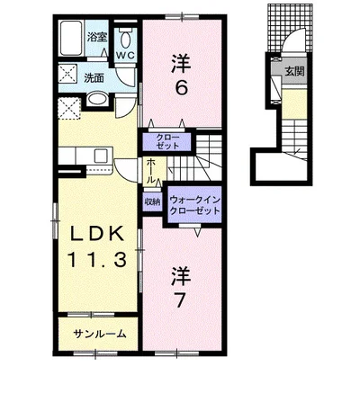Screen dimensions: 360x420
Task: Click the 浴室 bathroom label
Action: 97,37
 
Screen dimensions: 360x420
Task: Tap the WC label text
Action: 126,55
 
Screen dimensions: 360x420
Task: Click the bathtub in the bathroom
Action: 71,38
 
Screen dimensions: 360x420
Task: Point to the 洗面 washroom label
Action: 94,78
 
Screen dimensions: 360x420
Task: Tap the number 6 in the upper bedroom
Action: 181,88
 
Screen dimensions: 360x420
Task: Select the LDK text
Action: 96,234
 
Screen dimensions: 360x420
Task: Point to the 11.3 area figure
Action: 96,259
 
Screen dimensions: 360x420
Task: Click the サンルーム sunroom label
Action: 99,334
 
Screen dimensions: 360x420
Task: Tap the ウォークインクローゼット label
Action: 194,205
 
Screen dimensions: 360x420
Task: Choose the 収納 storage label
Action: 152,202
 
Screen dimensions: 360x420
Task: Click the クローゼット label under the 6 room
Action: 166,142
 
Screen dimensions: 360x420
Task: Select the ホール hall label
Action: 151,172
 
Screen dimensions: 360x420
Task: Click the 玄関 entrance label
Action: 294,71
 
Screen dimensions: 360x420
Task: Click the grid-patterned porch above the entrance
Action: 290,28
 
